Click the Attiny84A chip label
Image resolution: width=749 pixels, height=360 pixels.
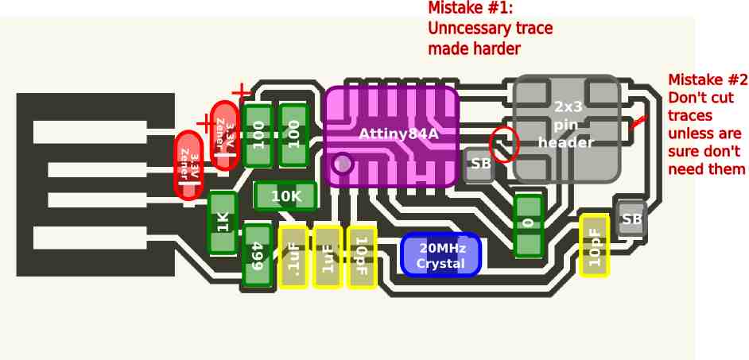point(398,134)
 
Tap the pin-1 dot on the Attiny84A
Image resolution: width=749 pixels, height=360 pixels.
point(342,164)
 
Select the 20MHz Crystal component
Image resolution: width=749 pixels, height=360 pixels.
point(440,255)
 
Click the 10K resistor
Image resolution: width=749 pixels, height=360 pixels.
point(285,196)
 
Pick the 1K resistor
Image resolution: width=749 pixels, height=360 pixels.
point(223,223)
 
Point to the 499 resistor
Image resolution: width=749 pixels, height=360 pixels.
point(258,255)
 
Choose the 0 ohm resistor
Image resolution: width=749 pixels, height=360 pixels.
point(528,226)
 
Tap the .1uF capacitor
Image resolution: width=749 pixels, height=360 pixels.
point(293,257)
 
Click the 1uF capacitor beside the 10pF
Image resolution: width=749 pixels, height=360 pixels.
point(328,257)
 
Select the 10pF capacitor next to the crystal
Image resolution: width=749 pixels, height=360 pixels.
point(362,257)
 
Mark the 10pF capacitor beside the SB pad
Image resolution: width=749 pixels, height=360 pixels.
point(595,245)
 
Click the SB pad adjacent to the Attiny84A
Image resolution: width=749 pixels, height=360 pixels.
point(479,164)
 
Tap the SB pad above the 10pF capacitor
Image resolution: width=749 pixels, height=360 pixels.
point(631,219)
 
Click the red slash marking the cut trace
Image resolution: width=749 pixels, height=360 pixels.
point(638,122)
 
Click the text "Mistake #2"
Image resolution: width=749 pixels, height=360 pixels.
point(708,79)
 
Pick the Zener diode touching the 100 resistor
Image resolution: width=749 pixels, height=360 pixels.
point(225,135)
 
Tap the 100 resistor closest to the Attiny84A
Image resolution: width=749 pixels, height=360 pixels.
point(293,135)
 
